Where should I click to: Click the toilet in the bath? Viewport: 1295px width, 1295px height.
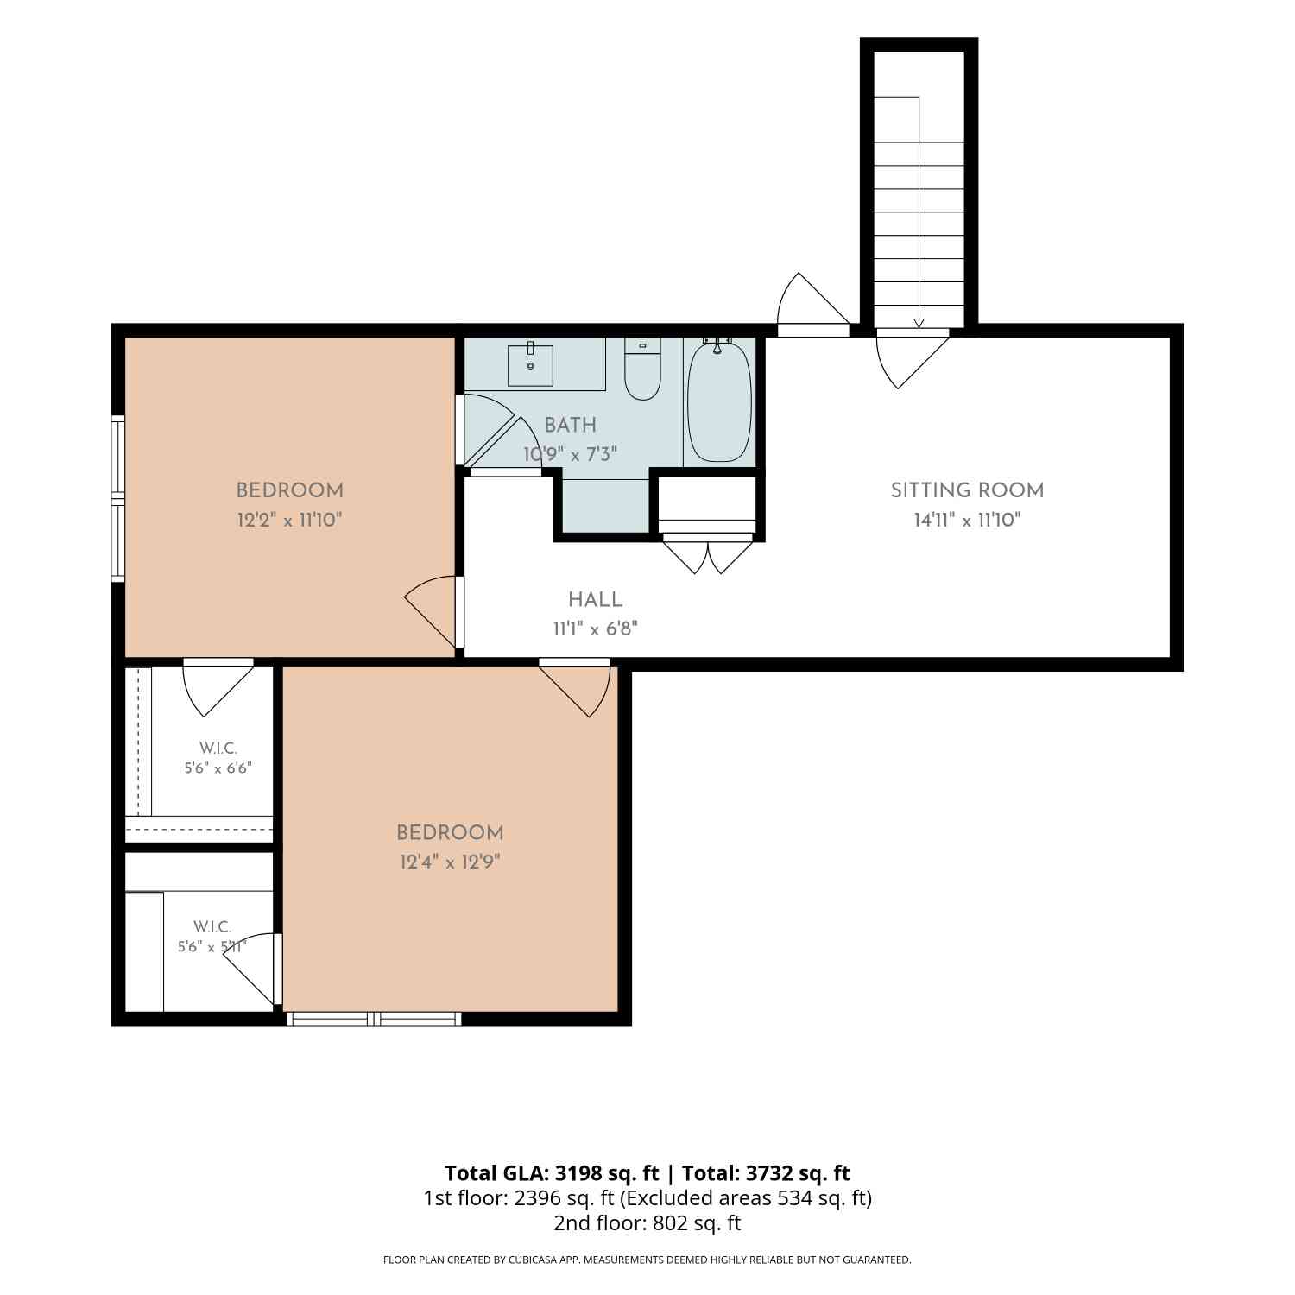click(x=642, y=369)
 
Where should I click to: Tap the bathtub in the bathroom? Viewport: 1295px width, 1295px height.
click(x=719, y=401)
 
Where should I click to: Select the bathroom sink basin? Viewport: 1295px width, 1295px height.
click(x=530, y=363)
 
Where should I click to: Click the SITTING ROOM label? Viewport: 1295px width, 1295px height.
click(x=967, y=490)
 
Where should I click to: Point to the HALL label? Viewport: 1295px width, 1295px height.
click(x=595, y=599)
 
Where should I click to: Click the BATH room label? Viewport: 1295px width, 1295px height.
click(x=570, y=425)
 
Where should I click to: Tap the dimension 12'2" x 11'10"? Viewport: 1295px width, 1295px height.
click(x=290, y=520)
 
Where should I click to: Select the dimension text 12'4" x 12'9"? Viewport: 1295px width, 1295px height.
click(x=450, y=862)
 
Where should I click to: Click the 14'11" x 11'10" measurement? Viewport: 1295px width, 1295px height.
click(x=967, y=520)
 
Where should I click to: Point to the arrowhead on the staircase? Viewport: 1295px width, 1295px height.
click(x=919, y=323)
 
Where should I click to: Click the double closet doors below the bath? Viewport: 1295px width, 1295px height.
click(x=708, y=553)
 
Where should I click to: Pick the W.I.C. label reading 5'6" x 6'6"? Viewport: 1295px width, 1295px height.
click(x=218, y=758)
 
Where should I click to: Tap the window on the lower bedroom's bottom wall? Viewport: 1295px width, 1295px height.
click(x=373, y=1019)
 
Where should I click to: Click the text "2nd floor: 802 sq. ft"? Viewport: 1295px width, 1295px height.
click(x=647, y=1222)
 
